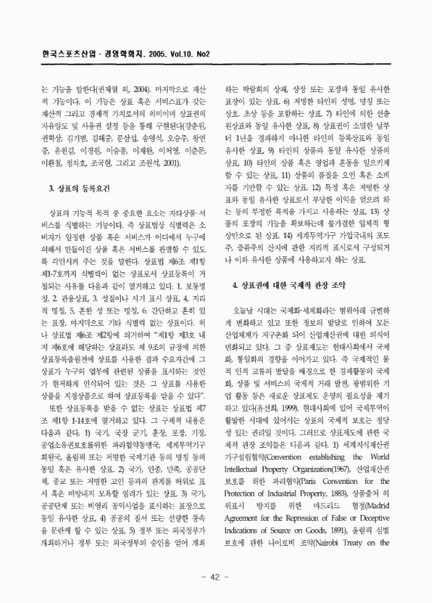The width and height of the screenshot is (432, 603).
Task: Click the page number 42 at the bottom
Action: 216,577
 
